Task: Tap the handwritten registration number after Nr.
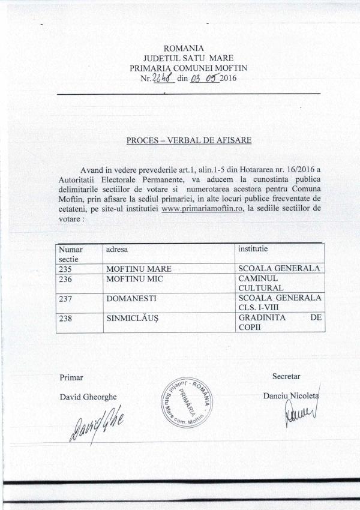[164, 77]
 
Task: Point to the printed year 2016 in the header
[229, 77]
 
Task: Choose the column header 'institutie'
[253, 247]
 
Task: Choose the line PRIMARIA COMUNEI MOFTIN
[188, 68]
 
